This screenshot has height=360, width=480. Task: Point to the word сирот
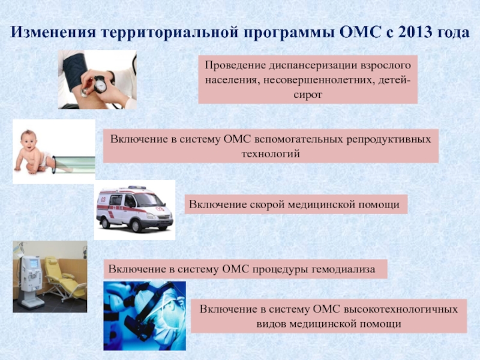(x=308, y=95)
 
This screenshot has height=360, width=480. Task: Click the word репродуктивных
(x=388, y=139)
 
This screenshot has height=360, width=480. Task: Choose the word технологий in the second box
(x=271, y=154)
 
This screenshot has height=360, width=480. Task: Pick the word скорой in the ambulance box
(x=267, y=204)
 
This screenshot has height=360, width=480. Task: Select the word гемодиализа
(x=343, y=269)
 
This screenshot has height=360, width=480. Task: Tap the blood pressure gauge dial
(x=100, y=85)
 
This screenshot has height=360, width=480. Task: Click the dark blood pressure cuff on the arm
(x=75, y=72)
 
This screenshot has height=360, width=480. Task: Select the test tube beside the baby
(x=73, y=164)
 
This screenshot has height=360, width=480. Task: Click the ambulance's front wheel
(x=135, y=226)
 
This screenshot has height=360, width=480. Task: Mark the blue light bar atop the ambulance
(x=137, y=187)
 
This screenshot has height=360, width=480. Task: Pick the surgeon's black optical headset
(x=147, y=311)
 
